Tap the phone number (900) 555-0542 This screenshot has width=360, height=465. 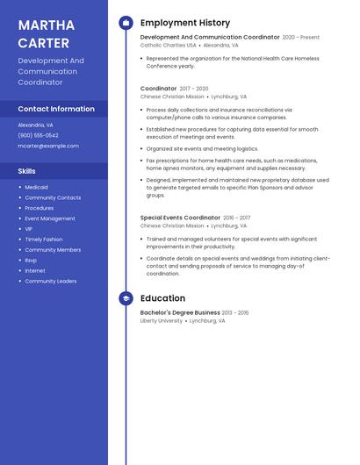38,135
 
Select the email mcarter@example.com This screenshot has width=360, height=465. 48,146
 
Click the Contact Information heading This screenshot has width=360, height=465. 56,109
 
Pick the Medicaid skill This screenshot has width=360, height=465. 36,187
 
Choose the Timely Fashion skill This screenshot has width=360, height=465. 44,239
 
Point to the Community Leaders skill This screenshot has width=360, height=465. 51,281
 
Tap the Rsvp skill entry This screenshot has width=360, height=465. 31,260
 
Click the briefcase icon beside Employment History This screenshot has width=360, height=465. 126,23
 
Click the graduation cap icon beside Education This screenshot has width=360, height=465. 126,298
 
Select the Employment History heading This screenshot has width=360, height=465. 185,23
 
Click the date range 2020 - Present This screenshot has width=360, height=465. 301,38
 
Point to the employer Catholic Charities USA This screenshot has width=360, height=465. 168,45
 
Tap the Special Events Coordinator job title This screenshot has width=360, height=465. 180,218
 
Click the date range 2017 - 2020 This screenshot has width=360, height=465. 194,89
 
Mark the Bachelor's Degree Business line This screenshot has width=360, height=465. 180,312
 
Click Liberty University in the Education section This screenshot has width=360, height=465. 162,320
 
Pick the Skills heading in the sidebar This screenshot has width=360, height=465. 27,171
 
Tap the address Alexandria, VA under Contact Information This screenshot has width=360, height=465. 36,125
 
